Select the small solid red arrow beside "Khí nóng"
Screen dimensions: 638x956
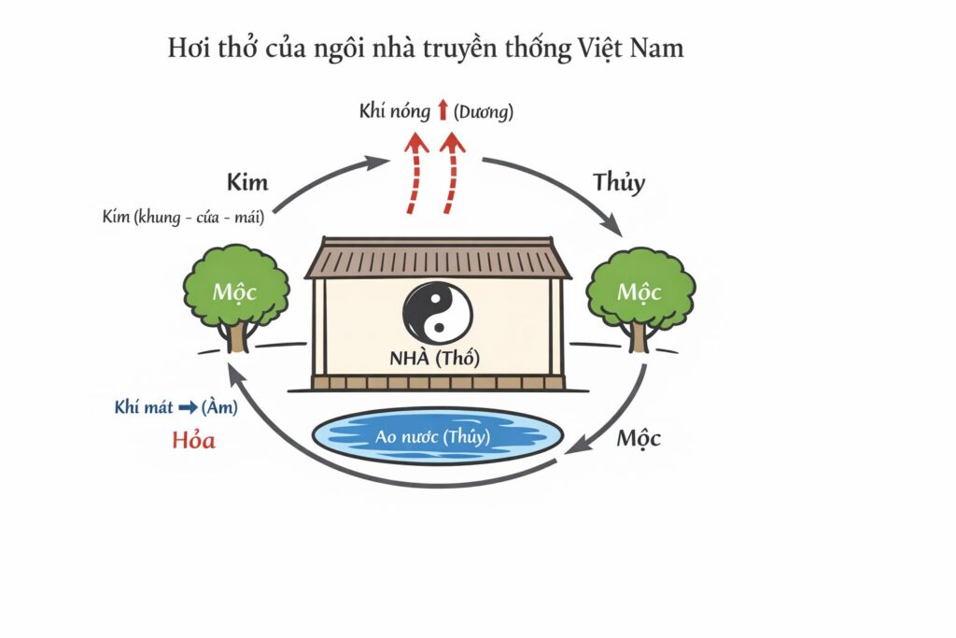coord(443,112)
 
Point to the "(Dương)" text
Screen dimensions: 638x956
coord(483,112)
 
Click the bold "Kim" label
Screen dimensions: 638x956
coord(247,181)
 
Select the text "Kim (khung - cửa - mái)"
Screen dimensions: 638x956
coord(182,217)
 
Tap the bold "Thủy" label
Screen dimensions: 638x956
coord(619,181)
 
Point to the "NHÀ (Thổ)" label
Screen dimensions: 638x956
coord(436,358)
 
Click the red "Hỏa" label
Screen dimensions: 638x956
coord(194,440)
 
